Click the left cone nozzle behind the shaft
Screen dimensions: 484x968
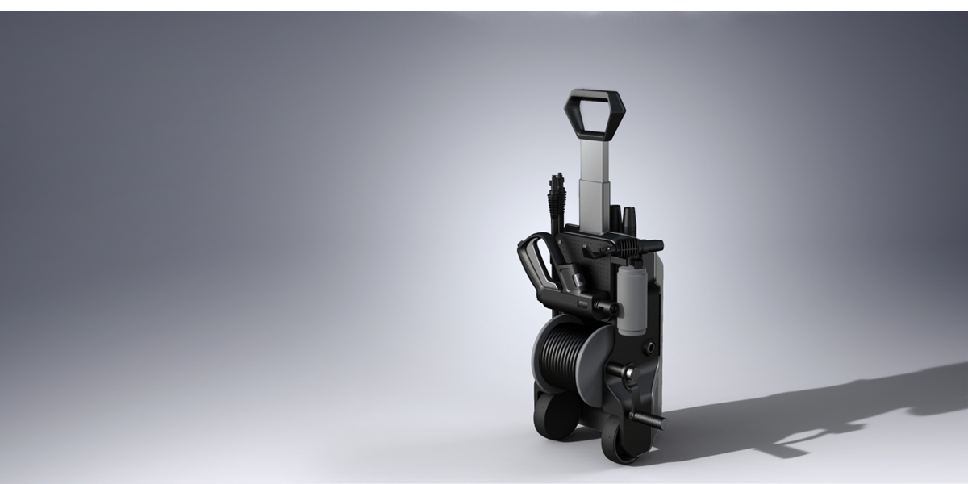617,216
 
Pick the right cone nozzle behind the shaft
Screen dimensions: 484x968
630,219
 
